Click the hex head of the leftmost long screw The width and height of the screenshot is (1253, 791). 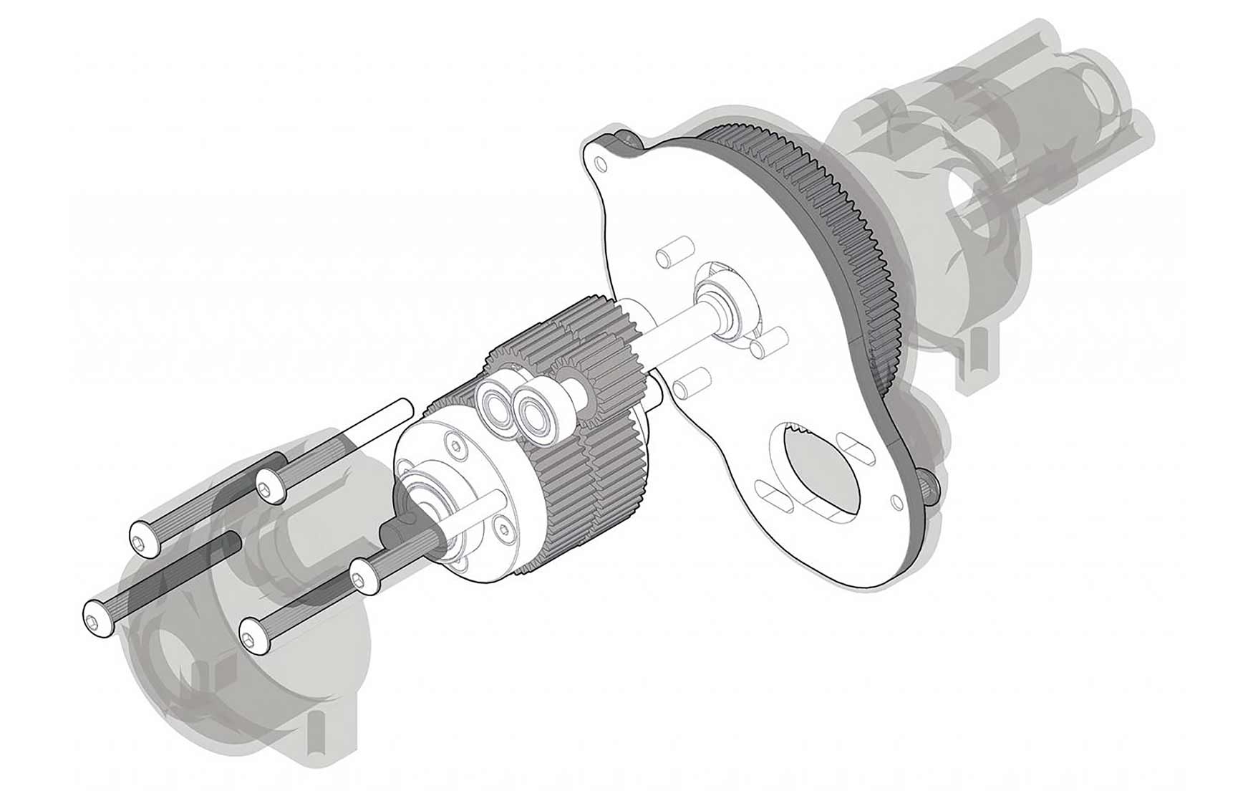coord(98,617)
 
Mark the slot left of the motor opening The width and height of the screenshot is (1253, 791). coord(775,496)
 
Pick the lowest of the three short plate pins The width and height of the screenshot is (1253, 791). coord(691,384)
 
